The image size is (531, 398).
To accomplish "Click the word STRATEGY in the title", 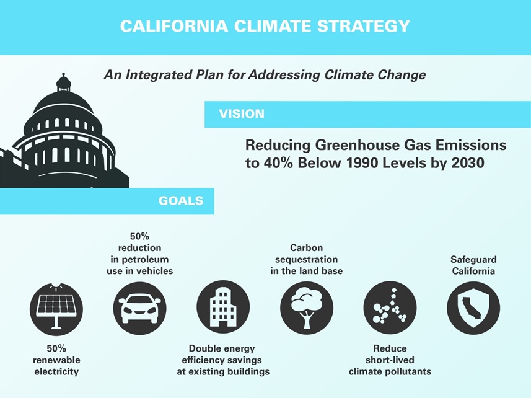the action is point(363,27).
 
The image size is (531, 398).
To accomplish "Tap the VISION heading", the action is point(242,114).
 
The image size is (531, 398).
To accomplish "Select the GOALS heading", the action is point(181,200).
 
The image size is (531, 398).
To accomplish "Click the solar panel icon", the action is point(56,309).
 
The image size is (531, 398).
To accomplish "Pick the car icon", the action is point(139,308).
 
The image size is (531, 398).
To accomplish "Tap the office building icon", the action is point(223,307).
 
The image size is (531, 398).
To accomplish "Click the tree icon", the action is point(307,308).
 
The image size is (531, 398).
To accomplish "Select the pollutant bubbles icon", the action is point(390,307).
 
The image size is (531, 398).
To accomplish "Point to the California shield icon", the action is point(473,308).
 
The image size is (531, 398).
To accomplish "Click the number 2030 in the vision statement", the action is point(468,163).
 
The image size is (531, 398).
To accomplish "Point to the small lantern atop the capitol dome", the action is point(63,82).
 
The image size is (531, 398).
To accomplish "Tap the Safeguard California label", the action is point(473,265).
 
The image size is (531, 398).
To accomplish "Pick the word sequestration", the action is point(307,260).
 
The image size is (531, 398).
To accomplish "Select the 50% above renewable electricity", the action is point(56,348).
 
